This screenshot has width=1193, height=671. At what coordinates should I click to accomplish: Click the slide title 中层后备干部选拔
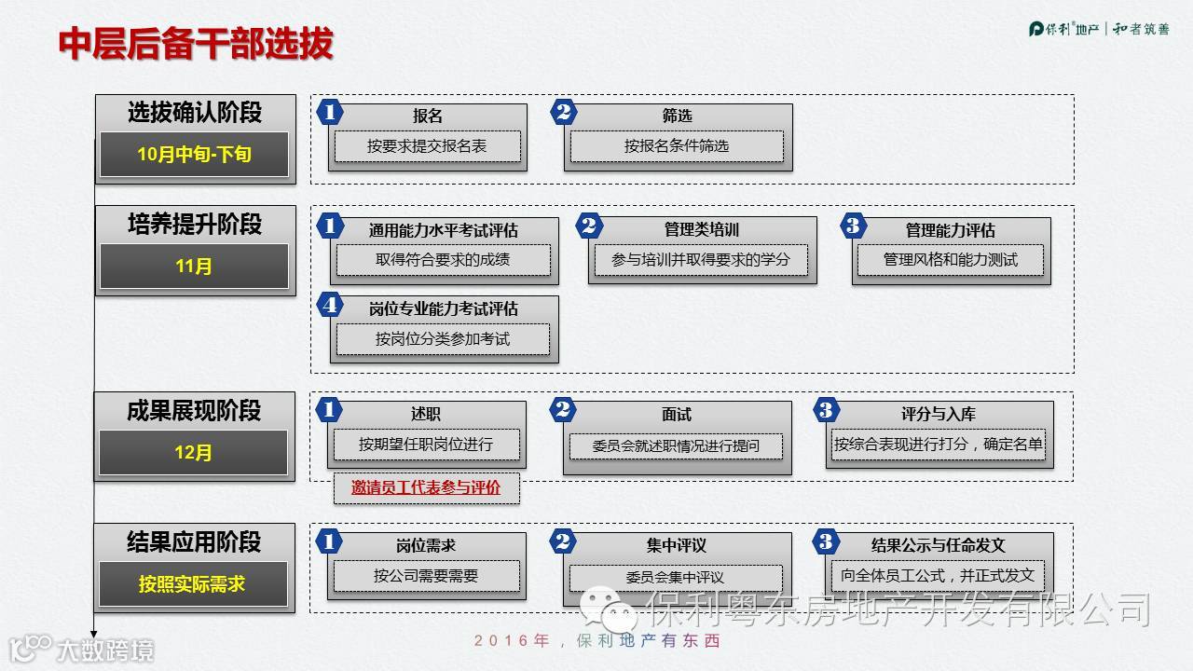pos(196,44)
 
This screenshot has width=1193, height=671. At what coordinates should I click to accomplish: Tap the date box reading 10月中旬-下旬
pos(194,155)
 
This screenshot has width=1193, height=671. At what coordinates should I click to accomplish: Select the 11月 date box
pos(194,267)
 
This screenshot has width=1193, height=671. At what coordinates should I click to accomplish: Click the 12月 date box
pos(194,453)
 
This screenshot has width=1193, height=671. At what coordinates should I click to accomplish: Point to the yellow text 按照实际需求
pos(192,584)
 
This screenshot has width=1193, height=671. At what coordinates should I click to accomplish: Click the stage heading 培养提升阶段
pos(195,225)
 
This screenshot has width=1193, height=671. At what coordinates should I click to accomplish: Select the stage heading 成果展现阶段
pos(194,411)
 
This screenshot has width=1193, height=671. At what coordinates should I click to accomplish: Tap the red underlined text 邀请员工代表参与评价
pos(426,487)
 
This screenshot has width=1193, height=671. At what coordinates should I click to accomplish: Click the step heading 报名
pos(428,116)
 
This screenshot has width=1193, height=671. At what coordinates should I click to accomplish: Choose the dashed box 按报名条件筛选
pos(677,146)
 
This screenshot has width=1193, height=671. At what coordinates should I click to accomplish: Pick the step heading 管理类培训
pos(702,229)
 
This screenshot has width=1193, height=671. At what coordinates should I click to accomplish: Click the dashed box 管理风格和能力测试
pos(951,260)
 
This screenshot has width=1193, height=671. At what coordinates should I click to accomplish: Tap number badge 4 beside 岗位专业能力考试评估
pos(329,305)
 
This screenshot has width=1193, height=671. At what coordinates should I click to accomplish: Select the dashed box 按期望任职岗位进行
pos(426,445)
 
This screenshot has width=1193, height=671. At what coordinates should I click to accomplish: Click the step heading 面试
pos(677,415)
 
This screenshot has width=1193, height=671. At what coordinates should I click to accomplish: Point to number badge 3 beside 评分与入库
pos(825,410)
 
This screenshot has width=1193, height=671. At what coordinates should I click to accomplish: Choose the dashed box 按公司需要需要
pos(426,576)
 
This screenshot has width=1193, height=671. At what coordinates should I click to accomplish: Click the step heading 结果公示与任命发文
pos(939,545)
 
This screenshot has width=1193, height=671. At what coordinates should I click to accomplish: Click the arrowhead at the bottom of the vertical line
pos(94,631)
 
